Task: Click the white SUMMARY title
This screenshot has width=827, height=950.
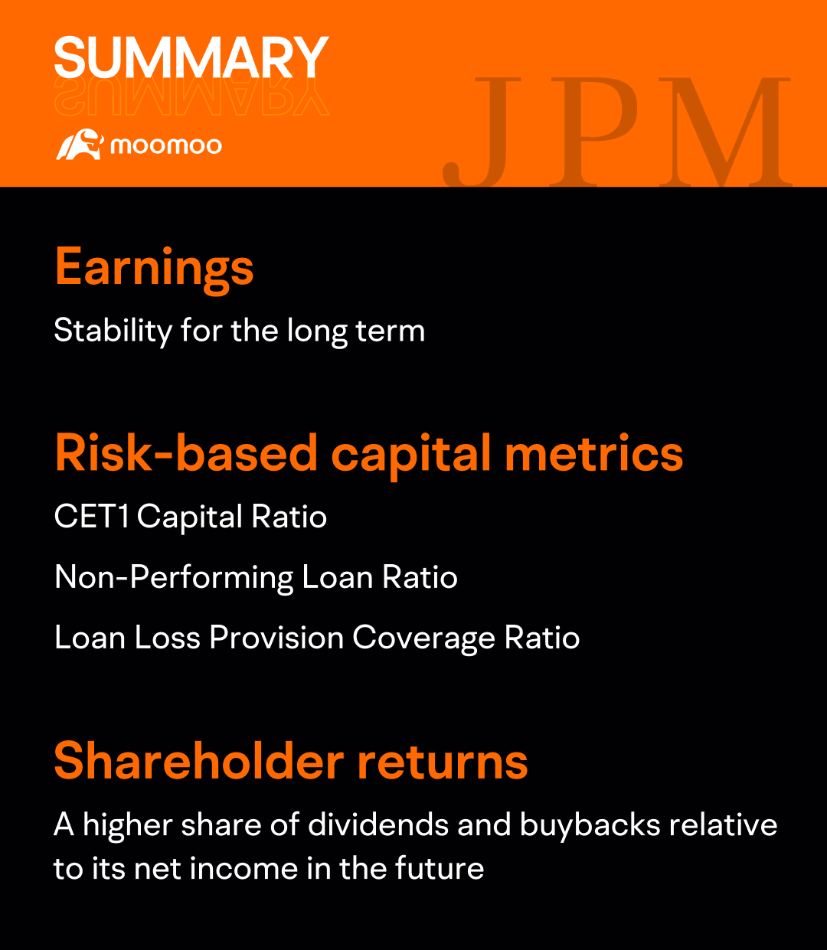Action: [191, 57]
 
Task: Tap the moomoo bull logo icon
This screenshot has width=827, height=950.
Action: [80, 145]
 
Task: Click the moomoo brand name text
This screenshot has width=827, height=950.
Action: [166, 145]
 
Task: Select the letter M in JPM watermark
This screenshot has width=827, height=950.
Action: [725, 132]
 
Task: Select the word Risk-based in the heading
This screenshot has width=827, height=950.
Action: [186, 452]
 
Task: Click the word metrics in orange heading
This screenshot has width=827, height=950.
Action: [594, 452]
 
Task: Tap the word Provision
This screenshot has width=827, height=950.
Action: [276, 638]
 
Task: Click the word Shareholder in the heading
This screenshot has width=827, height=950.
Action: [199, 761]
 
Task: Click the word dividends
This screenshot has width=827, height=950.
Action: [378, 824]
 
